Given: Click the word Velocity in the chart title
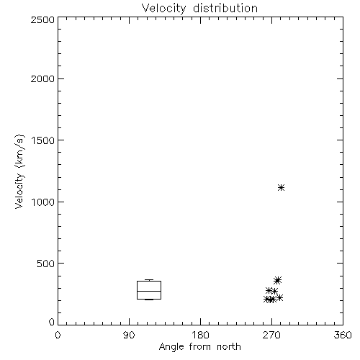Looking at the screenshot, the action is tap(163, 9).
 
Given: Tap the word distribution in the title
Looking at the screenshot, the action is tap(225, 8).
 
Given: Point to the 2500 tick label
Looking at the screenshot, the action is tap(42, 19).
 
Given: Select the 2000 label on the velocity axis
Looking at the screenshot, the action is tap(42, 78).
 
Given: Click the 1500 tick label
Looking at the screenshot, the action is tap(43, 140).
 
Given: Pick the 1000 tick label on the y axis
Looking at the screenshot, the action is tap(43, 202).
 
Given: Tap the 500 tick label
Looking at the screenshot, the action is tap(46, 264).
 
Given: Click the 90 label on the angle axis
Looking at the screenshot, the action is tap(129, 335).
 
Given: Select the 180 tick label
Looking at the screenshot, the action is tap(200, 335).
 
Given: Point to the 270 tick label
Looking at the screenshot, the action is tap(271, 335).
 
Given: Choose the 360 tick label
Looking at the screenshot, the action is tap(343, 335).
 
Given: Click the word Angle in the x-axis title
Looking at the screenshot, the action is tap(171, 347).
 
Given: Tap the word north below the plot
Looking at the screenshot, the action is tap(229, 347).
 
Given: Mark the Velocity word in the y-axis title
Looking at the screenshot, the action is tap(19, 190).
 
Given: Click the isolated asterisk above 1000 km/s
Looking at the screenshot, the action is tap(281, 187).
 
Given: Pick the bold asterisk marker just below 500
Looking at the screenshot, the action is tap(277, 280).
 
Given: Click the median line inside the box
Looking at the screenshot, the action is tap(149, 291).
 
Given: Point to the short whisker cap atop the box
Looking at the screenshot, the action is tap(149, 280).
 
